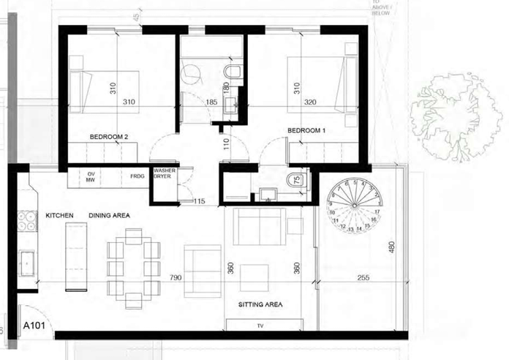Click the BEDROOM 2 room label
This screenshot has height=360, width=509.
[109, 137]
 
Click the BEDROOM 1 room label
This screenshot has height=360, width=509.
[306, 130]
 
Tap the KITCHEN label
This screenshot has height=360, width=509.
[61, 217]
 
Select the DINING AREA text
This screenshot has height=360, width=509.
[109, 217]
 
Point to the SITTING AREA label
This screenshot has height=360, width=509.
[260, 304]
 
